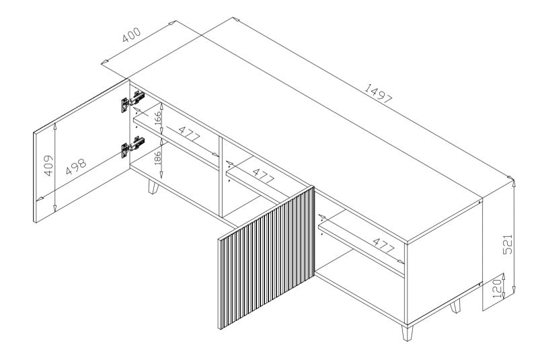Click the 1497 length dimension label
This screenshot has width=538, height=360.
(x=379, y=95)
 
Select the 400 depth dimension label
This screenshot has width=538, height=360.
(x=132, y=35)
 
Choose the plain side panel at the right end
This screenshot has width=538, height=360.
(x=444, y=262)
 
